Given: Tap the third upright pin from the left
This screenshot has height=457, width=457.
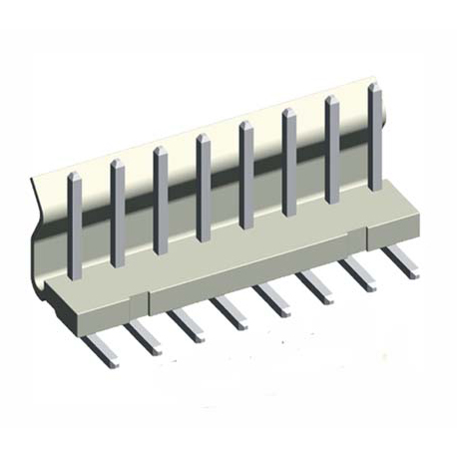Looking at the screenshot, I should click(161, 199).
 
